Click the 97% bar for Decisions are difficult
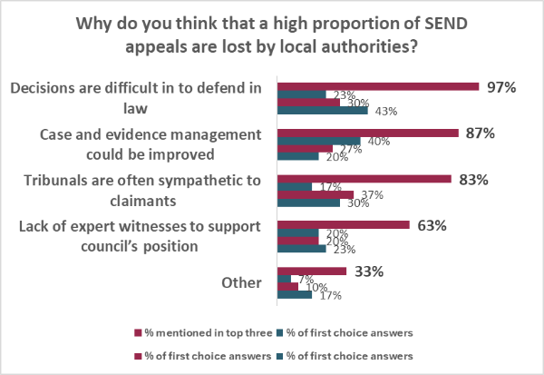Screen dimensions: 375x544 (377, 86)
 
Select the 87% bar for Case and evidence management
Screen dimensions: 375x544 (367, 133)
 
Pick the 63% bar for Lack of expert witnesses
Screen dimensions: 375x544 (343, 225)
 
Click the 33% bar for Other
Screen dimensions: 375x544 (311, 271)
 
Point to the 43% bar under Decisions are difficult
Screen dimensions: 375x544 (322, 111)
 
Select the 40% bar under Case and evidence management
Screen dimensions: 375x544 (318, 141)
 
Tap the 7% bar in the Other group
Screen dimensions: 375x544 (284, 279)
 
